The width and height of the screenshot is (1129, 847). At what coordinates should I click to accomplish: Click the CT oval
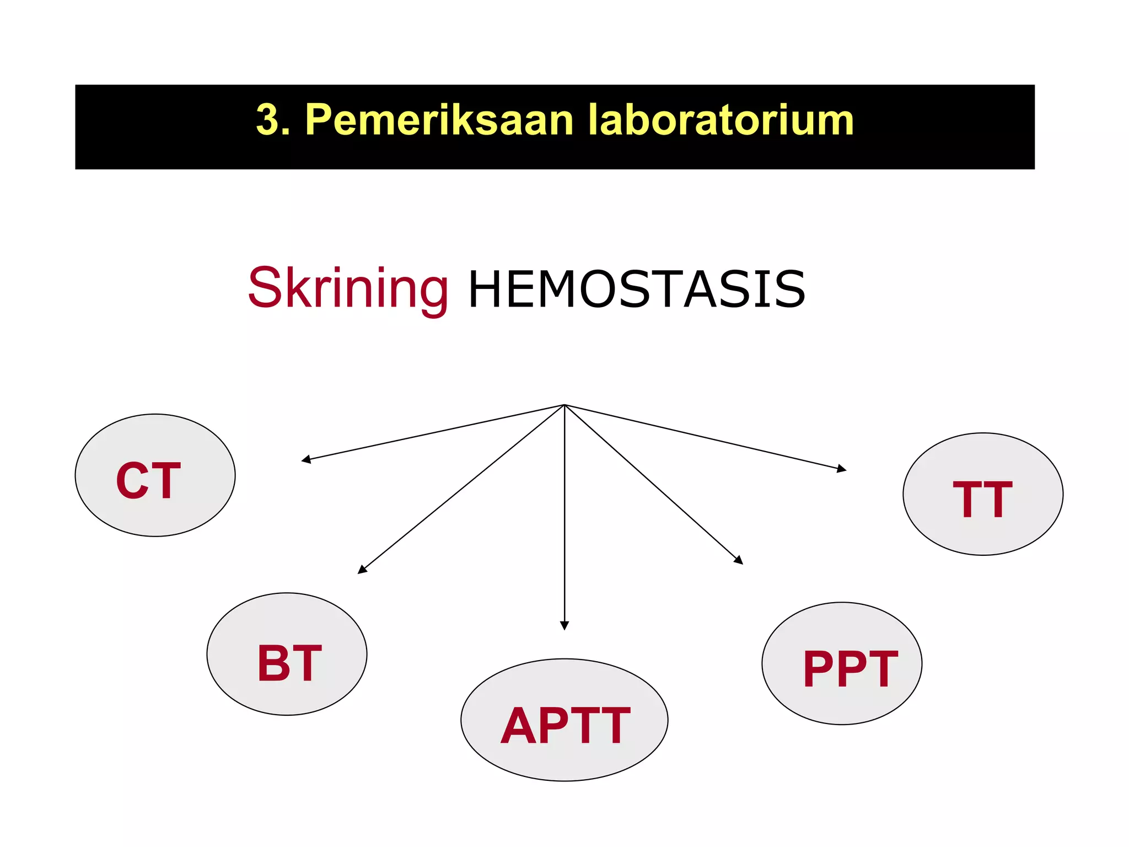(x=155, y=475)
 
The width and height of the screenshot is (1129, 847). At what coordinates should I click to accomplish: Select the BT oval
(x=287, y=654)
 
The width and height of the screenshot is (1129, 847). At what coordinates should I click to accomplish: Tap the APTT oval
(x=564, y=720)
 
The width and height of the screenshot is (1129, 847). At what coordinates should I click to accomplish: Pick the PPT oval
(x=842, y=663)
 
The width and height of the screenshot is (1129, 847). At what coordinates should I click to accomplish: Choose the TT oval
(x=983, y=494)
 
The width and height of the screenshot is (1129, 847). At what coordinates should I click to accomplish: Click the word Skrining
(x=348, y=288)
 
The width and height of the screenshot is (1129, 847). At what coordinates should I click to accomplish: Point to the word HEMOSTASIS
(x=637, y=290)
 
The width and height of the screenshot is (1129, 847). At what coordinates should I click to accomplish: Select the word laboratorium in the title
(x=721, y=120)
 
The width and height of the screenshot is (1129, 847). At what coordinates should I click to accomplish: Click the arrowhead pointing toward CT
(x=305, y=459)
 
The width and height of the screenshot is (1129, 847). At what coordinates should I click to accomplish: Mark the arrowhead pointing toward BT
(x=362, y=570)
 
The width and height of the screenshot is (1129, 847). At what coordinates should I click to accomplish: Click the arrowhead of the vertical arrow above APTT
(x=564, y=625)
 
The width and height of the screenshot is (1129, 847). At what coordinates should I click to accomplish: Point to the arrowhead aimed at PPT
(x=739, y=560)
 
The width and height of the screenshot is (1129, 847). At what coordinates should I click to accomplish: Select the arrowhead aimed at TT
(x=842, y=469)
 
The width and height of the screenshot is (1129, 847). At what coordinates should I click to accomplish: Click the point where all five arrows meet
(x=564, y=405)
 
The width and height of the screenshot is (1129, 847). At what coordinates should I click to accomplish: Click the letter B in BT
(x=273, y=663)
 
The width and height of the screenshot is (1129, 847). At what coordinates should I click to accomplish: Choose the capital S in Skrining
(x=265, y=287)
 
